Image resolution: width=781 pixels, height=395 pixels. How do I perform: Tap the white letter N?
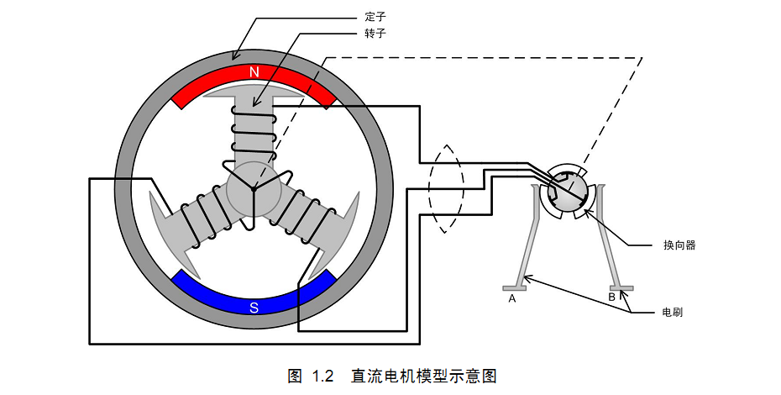(x=254, y=72)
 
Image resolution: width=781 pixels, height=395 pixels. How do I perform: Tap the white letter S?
(x=254, y=307)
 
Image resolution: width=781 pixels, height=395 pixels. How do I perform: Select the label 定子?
(x=375, y=16)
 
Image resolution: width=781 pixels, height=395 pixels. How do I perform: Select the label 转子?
(x=375, y=33)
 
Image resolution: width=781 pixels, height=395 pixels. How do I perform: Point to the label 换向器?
(x=679, y=245)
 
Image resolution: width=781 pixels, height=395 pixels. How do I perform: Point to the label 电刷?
(x=671, y=312)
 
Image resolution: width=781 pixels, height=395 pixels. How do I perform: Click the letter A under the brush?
(x=511, y=298)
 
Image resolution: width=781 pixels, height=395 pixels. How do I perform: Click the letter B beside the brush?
(x=611, y=297)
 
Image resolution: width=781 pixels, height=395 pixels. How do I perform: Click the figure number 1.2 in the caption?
(x=323, y=375)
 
